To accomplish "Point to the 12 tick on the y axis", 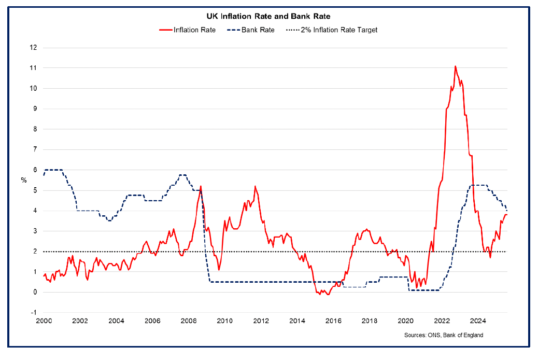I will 33,48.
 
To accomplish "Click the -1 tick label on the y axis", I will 33,312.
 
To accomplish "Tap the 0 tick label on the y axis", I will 34,292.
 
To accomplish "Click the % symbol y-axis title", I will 23,180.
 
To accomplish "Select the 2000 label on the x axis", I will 43,321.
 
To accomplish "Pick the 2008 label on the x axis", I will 188,321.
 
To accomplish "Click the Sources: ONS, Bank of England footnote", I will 443,335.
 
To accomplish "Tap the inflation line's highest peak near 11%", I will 455,66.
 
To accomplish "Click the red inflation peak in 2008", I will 201,186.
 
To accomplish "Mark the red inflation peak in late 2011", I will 254,186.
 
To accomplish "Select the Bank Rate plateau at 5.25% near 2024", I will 478,185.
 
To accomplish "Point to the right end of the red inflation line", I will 506,215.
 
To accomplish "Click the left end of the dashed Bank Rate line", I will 44,175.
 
